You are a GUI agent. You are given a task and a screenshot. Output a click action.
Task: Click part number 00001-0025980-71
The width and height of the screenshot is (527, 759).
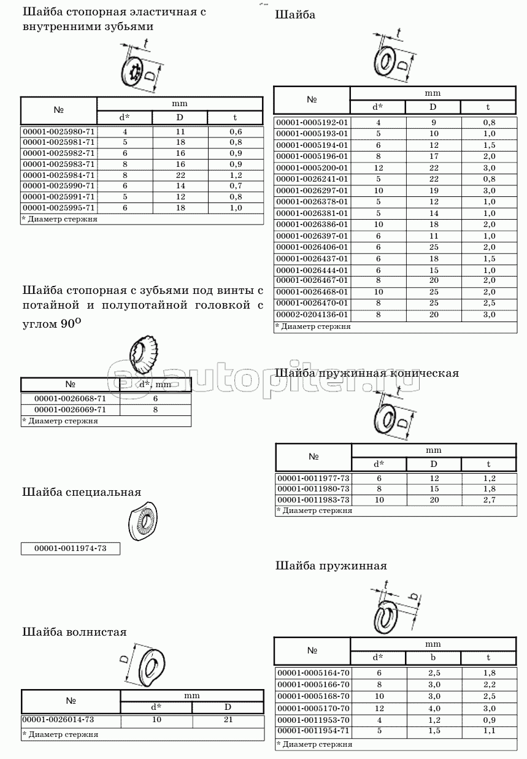click(x=59, y=131)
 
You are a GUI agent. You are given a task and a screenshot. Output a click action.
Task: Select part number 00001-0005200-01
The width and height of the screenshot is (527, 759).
click(x=312, y=168)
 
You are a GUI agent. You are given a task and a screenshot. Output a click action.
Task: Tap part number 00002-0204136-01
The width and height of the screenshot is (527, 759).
click(x=312, y=314)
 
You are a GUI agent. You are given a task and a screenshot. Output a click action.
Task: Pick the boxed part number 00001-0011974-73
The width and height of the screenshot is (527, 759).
click(x=71, y=549)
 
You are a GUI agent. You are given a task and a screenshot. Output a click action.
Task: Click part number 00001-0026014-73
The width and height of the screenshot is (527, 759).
click(x=58, y=719)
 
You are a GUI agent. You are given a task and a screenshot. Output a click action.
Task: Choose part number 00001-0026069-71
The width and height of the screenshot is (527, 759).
click(x=71, y=409)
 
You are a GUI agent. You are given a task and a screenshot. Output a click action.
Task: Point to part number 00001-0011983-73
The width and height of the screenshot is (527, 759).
click(x=314, y=500)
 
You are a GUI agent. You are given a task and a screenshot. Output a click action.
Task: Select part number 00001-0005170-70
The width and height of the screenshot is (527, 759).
click(x=312, y=709)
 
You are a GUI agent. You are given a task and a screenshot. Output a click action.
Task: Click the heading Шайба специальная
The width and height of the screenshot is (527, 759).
click(x=82, y=492)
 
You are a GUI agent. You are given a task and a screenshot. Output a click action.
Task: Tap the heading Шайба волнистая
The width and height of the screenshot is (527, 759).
click(x=74, y=631)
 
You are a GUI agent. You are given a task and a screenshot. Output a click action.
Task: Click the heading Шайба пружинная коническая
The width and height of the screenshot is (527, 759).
click(x=367, y=373)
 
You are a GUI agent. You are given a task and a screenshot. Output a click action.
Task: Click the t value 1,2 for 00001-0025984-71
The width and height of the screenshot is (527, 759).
click(x=236, y=175)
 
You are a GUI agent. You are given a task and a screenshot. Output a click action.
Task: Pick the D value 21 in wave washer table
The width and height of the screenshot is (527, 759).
click(x=228, y=719)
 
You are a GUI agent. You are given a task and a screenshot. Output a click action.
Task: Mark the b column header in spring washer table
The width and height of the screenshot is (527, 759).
click(x=433, y=658)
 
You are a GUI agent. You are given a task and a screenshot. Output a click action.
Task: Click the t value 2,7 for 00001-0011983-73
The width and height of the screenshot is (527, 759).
click(x=488, y=500)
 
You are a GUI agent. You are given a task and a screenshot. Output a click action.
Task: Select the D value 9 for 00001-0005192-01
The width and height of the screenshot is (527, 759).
click(x=433, y=122)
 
